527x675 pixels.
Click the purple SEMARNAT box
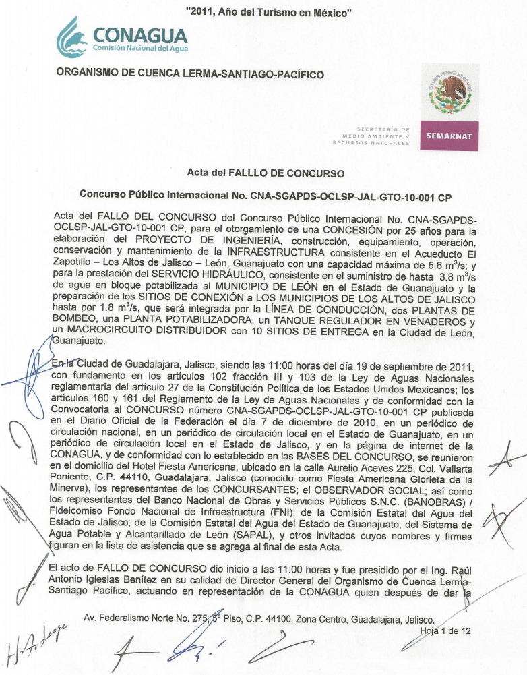(x=449, y=136)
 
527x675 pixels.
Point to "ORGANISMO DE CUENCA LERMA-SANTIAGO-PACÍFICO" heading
(x=190, y=74)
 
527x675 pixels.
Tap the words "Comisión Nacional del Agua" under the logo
(x=140, y=49)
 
